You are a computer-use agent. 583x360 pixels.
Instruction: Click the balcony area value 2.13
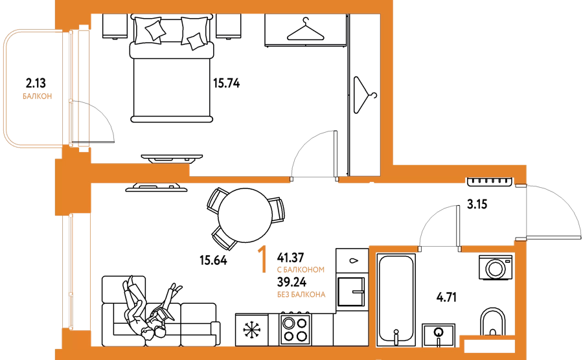(x=36, y=82)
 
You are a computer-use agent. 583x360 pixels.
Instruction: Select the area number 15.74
(x=227, y=83)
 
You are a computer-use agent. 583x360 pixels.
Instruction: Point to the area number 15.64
(x=213, y=261)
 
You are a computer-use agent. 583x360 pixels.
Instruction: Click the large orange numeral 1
(x=262, y=259)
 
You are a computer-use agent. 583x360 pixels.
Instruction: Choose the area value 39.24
(x=291, y=281)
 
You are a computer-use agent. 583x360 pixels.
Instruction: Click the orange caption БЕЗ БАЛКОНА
(x=301, y=295)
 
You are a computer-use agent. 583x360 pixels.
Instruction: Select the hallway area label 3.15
(x=477, y=205)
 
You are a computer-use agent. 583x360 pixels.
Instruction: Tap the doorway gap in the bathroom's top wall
(x=439, y=249)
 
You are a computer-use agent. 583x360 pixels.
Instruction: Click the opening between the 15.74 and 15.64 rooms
(x=314, y=179)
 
